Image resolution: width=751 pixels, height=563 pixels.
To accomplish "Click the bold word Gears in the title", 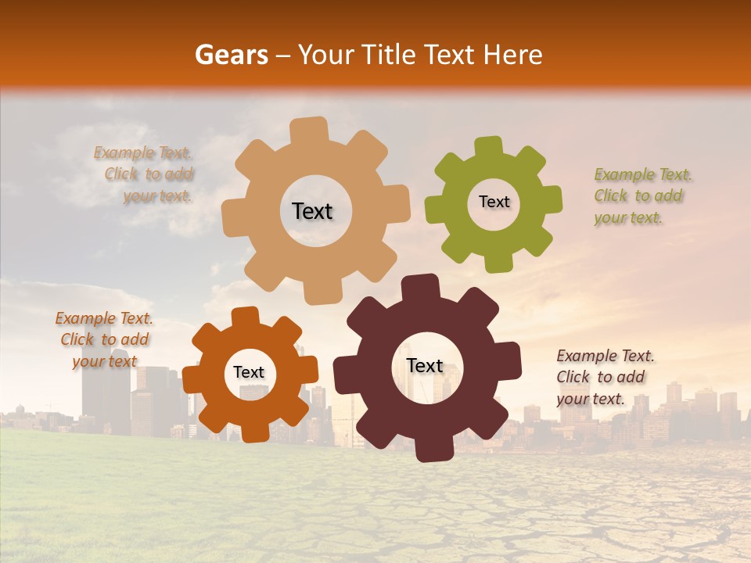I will [230, 55].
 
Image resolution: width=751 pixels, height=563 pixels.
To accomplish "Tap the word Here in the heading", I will [513, 55].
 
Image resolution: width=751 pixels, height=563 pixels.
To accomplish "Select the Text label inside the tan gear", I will [312, 211].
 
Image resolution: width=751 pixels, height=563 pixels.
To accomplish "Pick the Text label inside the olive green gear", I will [494, 202].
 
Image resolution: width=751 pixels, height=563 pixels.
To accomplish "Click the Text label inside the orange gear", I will [249, 372].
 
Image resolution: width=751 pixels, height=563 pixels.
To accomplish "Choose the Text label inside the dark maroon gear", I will [424, 366].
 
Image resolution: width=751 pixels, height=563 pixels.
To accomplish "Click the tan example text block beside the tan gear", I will [145, 174].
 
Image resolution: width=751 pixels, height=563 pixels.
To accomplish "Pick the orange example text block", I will [104, 339].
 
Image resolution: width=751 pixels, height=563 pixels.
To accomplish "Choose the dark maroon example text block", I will [605, 377].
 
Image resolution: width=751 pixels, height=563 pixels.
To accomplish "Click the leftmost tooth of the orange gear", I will [192, 378].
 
